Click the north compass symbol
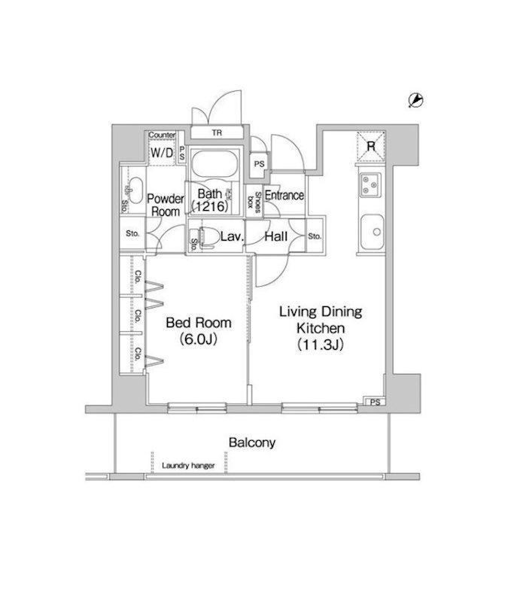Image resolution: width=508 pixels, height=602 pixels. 415,100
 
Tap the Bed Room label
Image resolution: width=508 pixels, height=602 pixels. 199,323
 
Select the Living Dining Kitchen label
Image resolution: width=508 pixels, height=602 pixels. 321,320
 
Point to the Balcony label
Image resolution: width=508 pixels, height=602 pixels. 252,442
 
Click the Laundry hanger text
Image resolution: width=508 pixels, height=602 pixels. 188,466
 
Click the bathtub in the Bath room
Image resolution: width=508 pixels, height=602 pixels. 214,164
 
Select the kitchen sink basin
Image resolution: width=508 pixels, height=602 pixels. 372,232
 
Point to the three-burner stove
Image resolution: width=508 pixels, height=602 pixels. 370,184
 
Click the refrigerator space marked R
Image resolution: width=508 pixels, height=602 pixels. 370,146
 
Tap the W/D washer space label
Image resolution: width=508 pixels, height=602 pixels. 162,153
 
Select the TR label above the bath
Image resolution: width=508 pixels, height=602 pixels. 217,133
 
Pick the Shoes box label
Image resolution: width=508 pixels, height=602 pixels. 254,202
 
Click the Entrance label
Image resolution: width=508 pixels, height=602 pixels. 284,196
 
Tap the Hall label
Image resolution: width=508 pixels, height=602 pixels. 275,236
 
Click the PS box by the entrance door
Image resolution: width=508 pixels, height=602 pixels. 259,164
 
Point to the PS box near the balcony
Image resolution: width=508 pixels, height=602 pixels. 375,402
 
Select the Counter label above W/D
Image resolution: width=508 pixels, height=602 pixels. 162,135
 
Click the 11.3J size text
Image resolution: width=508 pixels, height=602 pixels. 321,345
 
